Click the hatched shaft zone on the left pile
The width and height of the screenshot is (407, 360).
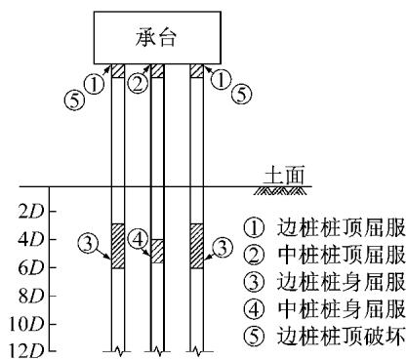[117, 246]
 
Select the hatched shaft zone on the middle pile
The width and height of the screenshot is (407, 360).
[156, 251]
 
